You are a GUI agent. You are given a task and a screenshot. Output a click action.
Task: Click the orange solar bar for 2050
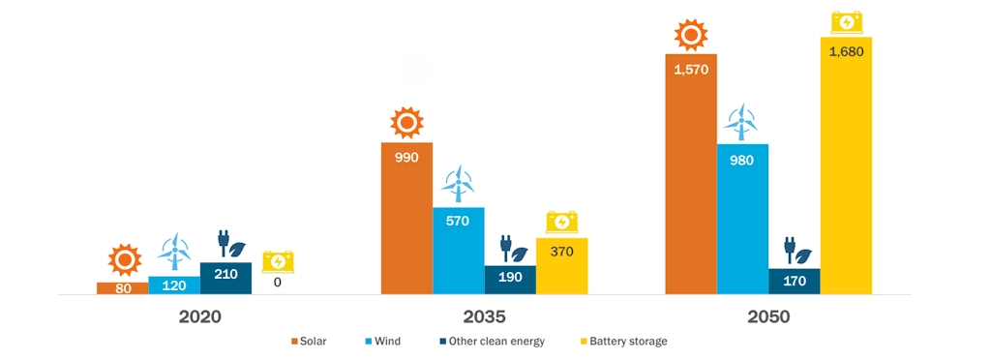click(690, 174)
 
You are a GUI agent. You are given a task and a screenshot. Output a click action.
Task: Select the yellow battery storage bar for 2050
click(846, 165)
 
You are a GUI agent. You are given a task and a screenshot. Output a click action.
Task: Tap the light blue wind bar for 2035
click(458, 251)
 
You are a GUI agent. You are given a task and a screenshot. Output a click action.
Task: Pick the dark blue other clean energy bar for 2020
click(225, 279)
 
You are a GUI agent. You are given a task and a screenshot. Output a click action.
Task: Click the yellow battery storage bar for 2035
click(561, 265)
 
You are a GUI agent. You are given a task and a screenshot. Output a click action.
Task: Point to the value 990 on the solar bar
click(406, 157)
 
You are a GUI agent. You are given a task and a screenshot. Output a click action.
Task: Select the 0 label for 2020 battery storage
click(277, 283)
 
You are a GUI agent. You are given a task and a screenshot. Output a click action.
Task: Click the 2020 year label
click(200, 316)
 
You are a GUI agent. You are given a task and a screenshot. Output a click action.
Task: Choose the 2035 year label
click(484, 316)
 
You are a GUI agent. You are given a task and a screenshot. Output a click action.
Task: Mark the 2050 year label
click(768, 316)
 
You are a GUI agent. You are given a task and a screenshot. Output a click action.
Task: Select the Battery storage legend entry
click(623, 342)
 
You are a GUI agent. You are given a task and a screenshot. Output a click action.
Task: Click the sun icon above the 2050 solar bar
click(690, 36)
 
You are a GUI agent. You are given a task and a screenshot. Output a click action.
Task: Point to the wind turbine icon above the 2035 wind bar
click(458, 183)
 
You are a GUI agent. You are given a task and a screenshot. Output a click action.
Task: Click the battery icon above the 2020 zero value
click(278, 261)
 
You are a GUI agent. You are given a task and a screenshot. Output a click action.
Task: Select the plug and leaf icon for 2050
click(796, 251)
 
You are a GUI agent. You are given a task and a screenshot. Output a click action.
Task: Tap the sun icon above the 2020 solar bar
click(124, 260)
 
